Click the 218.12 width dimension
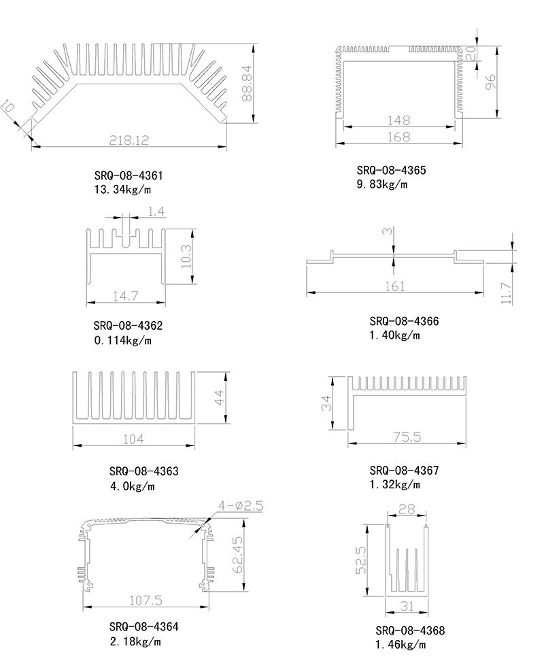click(x=129, y=140)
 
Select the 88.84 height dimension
click(x=247, y=83)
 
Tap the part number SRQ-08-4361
click(x=128, y=175)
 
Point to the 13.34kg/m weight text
click(x=122, y=190)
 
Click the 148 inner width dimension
click(x=398, y=120)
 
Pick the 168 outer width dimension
click(x=398, y=137)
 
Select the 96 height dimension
click(x=490, y=82)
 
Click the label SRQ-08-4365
click(x=391, y=170)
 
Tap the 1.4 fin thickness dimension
click(x=156, y=211)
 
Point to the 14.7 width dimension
click(x=125, y=296)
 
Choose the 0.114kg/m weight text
click(x=122, y=340)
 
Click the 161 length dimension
click(x=395, y=286)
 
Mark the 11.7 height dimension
click(x=506, y=293)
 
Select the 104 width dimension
click(x=133, y=439)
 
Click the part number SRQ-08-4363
click(x=143, y=471)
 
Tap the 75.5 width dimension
click(x=407, y=437)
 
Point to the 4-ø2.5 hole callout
click(x=240, y=505)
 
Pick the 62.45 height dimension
click(x=237, y=554)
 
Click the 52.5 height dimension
click(x=361, y=560)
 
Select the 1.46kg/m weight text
click(x=401, y=645)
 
